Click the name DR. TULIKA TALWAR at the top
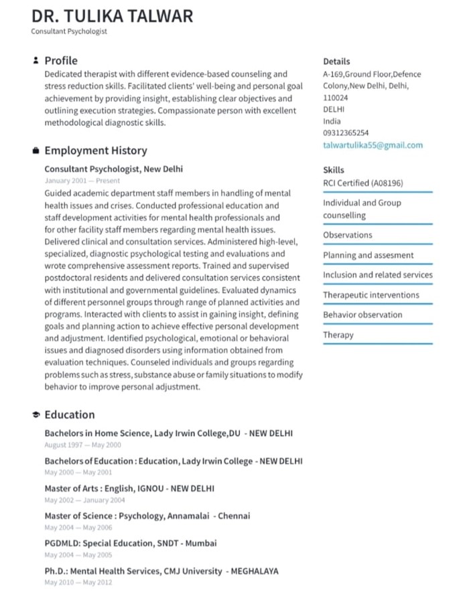(112, 15)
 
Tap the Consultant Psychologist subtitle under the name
(69, 31)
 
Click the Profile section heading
(61, 61)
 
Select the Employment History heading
(96, 151)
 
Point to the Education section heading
(70, 414)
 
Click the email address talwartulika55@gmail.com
(373, 145)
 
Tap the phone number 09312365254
(346, 133)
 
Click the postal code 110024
(336, 98)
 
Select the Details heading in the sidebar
(336, 61)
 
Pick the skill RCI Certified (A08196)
(363, 183)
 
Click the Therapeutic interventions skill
(371, 295)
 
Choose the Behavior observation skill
(363, 315)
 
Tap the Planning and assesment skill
(369, 255)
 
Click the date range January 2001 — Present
(82, 181)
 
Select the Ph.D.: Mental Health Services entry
(161, 571)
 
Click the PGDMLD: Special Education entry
(131, 543)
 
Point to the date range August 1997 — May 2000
(82, 444)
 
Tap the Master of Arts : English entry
(129, 489)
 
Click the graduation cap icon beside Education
(36, 415)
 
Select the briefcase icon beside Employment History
(36, 151)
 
